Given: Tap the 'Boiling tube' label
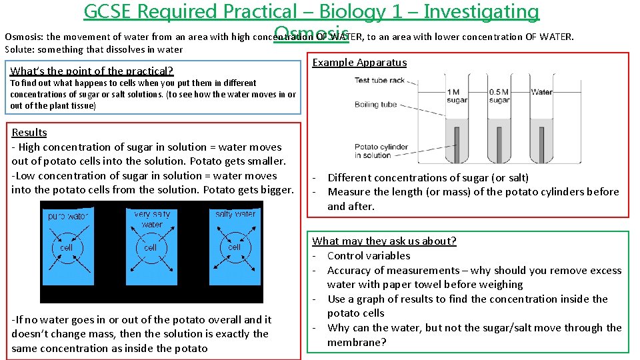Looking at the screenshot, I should pyautogui.click(x=375, y=105).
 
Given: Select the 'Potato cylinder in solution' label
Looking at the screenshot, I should pyautogui.click(x=373, y=151).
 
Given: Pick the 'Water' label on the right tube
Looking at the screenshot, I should pyautogui.click(x=541, y=92).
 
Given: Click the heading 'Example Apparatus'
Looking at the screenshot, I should pyautogui.click(x=359, y=63).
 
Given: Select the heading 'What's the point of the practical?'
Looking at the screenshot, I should pyautogui.click(x=92, y=71).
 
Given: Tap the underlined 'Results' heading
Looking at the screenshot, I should pyautogui.click(x=29, y=132).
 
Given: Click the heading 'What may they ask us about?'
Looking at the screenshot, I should pyautogui.click(x=384, y=241).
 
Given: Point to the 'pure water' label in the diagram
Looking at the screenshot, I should pyautogui.click(x=67, y=217).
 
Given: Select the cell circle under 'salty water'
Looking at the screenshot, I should pyautogui.click(x=234, y=247).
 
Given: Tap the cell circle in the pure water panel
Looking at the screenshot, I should pyautogui.click(x=66, y=247).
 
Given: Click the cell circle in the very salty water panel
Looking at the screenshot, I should pyautogui.click(x=151, y=247).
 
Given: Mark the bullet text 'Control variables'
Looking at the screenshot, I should pyautogui.click(x=369, y=255).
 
